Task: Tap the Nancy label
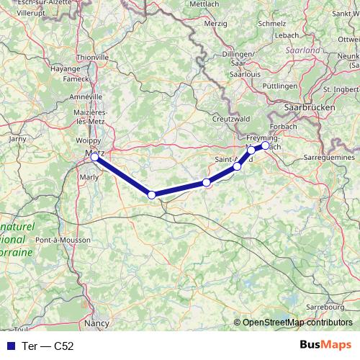click(96, 324)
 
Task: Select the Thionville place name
click(92, 57)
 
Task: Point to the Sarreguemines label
click(330, 156)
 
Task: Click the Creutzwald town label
click(231, 119)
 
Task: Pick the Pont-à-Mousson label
click(63, 240)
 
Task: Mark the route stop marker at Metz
click(94, 156)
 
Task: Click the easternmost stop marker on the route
click(265, 145)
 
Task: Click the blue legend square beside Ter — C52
click(10, 346)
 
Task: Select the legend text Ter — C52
click(48, 346)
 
